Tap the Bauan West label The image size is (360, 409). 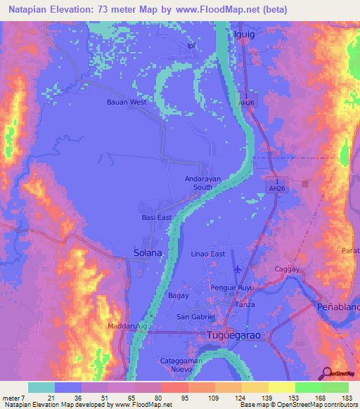click(x=127, y=102)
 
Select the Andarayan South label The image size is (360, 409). click(x=203, y=183)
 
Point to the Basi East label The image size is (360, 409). click(x=155, y=218)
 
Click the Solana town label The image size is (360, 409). click(x=148, y=252)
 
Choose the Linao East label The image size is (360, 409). click(x=208, y=254)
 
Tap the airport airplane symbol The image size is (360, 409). click(x=237, y=269)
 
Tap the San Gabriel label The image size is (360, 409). click(x=195, y=316)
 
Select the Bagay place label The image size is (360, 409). click(x=178, y=296)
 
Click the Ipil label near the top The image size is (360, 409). click(x=190, y=46)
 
